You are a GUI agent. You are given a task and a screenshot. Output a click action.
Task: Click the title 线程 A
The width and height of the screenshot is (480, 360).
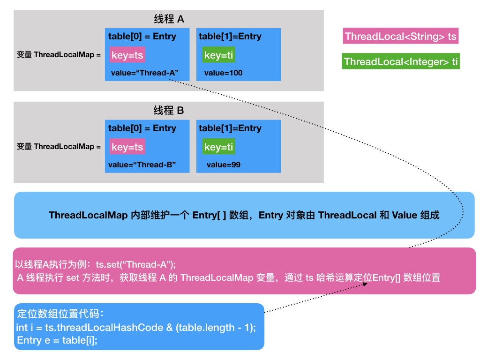pyautogui.click(x=169, y=19)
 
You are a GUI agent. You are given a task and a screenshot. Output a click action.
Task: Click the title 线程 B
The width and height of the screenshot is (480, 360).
pyautogui.click(x=169, y=111)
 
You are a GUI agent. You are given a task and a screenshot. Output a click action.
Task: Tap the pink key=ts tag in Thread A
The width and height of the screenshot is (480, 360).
pyautogui.click(x=127, y=55)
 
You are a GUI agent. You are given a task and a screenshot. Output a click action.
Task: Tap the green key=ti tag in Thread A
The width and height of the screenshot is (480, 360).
pyautogui.click(x=218, y=55)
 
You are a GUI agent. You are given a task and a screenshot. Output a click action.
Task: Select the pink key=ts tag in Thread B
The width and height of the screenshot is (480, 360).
pyautogui.click(x=127, y=147)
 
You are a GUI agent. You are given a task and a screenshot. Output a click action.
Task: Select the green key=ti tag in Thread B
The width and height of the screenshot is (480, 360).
pyautogui.click(x=218, y=147)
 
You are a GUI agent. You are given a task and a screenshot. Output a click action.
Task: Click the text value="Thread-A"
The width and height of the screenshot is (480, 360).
pyautogui.click(x=145, y=73)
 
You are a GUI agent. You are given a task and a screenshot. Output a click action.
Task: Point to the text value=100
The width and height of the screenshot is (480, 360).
pyautogui.click(x=223, y=73)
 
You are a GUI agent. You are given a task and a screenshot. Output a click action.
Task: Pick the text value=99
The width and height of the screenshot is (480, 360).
pyautogui.click(x=223, y=165)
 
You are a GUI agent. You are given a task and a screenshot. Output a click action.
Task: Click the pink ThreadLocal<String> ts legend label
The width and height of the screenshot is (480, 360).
pyautogui.click(x=400, y=37)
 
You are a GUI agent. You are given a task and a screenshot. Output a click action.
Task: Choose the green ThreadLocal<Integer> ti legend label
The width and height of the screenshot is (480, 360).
pyautogui.click(x=401, y=62)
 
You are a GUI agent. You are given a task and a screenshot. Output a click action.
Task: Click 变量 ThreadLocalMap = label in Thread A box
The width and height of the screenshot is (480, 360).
pyautogui.click(x=59, y=55)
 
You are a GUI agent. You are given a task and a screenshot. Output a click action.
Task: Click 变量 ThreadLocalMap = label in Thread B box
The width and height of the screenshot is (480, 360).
pyautogui.click(x=59, y=147)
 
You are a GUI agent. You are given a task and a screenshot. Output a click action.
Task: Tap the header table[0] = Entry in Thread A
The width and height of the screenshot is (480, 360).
pyautogui.click(x=142, y=37)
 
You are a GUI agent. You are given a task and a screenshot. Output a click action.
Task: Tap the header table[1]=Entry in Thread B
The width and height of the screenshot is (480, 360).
pyautogui.click(x=230, y=128)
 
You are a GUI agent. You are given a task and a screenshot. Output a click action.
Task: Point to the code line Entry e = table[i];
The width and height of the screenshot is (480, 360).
pyautogui.click(x=57, y=340)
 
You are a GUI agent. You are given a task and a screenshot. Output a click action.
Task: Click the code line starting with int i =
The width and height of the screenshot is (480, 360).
pyautogui.click(x=136, y=327)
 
